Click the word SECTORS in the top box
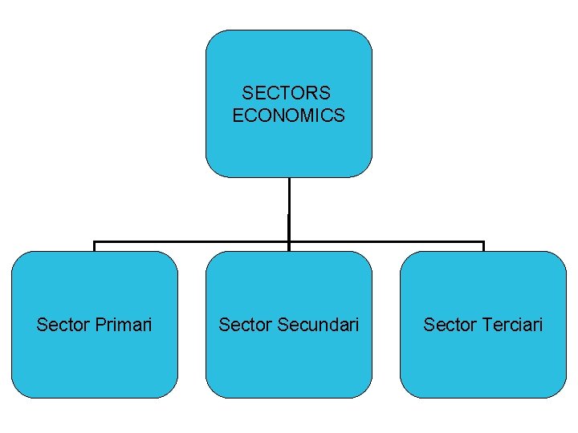[286, 94]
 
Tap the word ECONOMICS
[288, 115]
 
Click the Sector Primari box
[95, 361]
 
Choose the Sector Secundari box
[289, 361]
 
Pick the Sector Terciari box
[483, 361]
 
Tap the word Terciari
[514, 325]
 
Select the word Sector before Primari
[63, 325]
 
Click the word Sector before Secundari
[246, 325]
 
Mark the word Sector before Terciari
[450, 325]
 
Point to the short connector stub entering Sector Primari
[95, 246]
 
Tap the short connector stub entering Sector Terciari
[483, 246]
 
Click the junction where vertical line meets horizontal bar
[289, 241]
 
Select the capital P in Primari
[100, 325]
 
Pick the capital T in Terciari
[488, 325]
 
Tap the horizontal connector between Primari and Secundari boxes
[193, 241]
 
